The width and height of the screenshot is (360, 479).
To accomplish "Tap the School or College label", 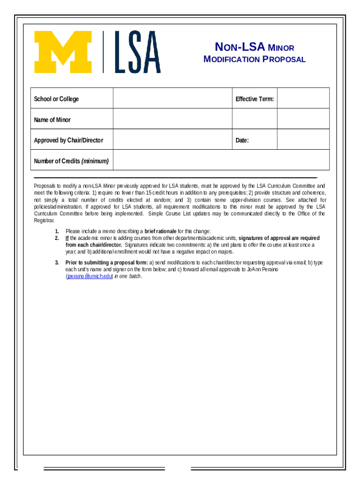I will pos(57,99).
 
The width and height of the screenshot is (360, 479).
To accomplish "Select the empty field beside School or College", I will pos(173,98).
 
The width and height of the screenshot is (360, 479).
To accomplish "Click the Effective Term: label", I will pos(254,99).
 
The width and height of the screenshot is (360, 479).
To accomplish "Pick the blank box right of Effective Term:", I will pos(303,98).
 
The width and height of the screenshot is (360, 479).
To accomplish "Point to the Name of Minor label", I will pos(52,120).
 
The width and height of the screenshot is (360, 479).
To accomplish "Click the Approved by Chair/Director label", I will pos(69,140).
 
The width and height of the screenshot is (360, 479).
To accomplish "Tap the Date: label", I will pos(242,140).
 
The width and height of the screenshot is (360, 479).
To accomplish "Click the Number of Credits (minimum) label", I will pos(71,161).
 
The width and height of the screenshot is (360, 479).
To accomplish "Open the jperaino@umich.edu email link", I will pos(89,276).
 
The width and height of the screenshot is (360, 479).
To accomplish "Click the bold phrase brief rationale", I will pos(160,231).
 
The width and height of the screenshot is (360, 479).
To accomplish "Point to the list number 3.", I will pos(57,262).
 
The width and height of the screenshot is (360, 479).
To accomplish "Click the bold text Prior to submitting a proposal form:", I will pos(107,262).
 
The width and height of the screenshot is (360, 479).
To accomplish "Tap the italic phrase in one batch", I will pos(128,276).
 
